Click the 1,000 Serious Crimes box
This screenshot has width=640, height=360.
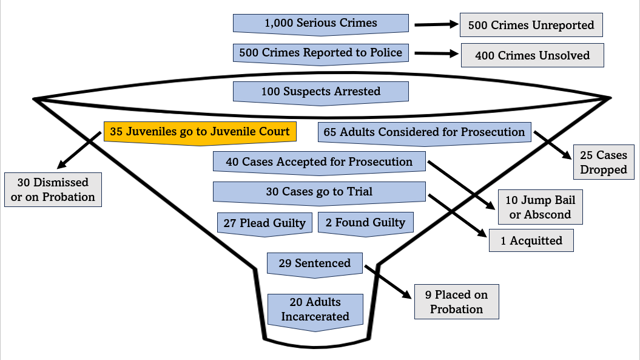point(320,24)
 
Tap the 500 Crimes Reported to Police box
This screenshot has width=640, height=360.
point(320,53)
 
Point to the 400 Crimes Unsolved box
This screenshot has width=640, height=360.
point(532,55)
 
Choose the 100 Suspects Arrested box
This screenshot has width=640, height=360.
point(320,92)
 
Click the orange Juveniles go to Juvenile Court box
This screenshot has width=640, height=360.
point(200,132)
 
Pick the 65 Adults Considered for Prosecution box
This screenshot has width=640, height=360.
point(424,132)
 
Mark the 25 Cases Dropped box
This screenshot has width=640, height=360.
point(603,162)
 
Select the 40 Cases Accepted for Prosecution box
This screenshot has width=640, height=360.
point(319,162)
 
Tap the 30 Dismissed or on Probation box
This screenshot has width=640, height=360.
point(53,189)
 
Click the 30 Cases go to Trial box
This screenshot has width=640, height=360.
point(319,192)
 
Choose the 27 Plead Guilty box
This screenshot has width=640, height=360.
point(264,223)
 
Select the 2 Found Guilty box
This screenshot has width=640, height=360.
point(366,223)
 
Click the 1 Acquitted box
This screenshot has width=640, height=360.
point(531,241)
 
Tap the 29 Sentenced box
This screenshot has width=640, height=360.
point(314,263)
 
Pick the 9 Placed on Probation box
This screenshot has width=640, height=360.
point(456,302)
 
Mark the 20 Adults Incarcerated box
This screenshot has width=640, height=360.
point(315,310)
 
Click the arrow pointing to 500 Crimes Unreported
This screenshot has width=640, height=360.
point(436,25)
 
